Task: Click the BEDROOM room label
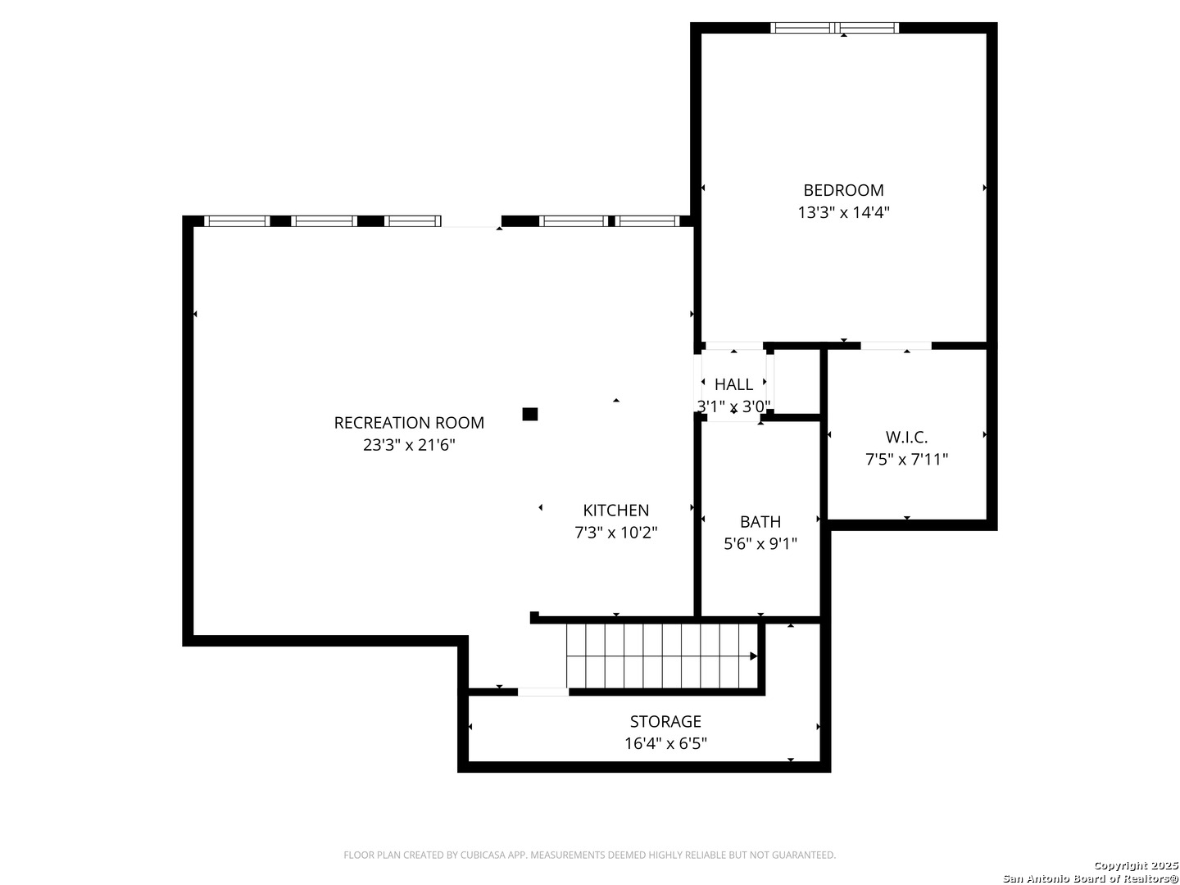[x=843, y=189]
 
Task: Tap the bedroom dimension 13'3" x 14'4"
[x=843, y=212]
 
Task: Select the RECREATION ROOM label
[x=409, y=422]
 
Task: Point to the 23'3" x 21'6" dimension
[x=409, y=445]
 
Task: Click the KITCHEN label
[x=615, y=510]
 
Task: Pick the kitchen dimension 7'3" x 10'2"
[x=615, y=533]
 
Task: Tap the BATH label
[x=760, y=521]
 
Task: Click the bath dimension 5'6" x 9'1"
[x=760, y=544]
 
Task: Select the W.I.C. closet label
[x=905, y=437]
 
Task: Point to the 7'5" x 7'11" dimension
[x=905, y=460]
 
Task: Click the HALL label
[x=733, y=384]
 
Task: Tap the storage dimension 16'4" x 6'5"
[x=665, y=743]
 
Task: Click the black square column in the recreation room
[x=529, y=414]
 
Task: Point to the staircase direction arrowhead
[x=753, y=656]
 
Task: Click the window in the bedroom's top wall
[x=834, y=28]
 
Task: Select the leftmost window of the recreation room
[x=237, y=221]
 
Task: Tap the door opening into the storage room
[x=543, y=692]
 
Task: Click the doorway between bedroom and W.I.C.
[x=896, y=346]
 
